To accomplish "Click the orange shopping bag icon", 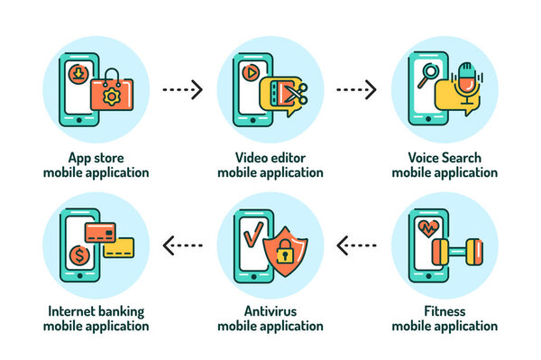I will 112,93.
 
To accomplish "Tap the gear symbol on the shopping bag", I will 112,97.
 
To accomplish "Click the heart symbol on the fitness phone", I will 426,229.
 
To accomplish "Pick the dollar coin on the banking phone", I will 79,256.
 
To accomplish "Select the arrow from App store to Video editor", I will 182,89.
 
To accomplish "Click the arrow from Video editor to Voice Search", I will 356,89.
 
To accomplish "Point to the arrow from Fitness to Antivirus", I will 356,244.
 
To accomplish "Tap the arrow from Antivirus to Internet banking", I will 182,244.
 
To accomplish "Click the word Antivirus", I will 270,311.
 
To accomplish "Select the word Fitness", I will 445,311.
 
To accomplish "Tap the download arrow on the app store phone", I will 79,71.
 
